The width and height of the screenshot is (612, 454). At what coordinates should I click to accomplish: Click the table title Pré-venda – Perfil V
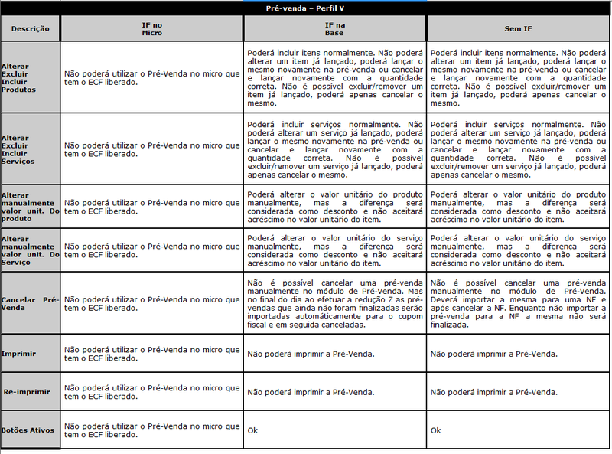[305, 7]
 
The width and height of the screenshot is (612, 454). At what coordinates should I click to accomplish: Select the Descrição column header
[31, 29]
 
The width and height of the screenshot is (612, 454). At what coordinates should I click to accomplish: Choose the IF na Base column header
[334, 29]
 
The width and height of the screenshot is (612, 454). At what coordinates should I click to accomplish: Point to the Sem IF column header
[518, 29]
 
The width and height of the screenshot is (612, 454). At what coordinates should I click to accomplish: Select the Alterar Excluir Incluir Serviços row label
[18, 149]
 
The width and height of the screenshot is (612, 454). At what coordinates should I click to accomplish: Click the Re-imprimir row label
[27, 391]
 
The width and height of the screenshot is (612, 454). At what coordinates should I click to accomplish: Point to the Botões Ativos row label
[28, 430]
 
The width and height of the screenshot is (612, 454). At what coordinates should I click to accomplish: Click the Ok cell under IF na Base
[253, 430]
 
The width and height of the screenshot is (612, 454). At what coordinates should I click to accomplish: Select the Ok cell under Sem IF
[436, 430]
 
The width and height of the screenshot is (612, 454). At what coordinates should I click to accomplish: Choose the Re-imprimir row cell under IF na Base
[311, 391]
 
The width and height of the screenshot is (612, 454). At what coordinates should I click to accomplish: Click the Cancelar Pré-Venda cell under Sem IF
[518, 303]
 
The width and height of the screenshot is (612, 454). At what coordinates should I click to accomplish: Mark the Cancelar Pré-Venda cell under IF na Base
[334, 303]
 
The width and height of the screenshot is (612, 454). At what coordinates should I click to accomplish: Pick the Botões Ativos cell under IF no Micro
[151, 430]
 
